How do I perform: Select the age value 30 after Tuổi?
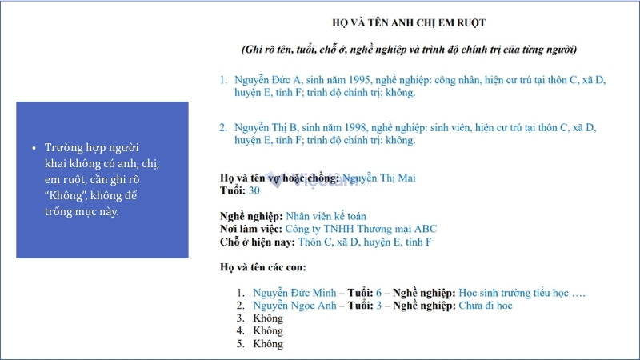[254, 190]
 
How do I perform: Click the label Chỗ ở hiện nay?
[257, 242]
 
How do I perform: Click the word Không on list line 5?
[268, 344]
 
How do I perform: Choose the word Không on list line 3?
[268, 318]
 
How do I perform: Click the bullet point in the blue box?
[34, 150]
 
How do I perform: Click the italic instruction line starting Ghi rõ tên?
[409, 50]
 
